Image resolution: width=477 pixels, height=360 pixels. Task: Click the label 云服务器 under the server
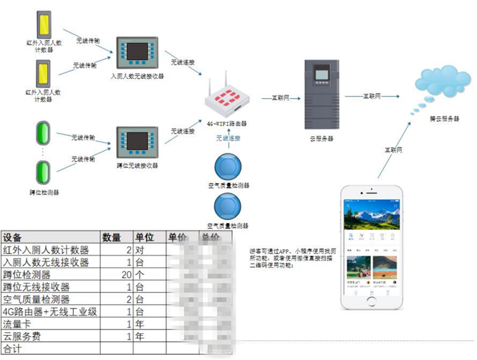[x=322, y=139]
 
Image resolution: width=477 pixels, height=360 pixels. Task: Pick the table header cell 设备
[x=13, y=237]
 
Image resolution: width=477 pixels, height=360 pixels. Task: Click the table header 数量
[x=112, y=237]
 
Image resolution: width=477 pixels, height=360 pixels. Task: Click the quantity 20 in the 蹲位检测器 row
[x=125, y=275]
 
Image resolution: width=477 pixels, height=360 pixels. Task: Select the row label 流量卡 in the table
[x=17, y=324]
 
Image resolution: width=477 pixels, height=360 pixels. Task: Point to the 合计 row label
[x=12, y=349]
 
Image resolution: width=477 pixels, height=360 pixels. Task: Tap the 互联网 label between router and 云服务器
[x=280, y=98]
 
